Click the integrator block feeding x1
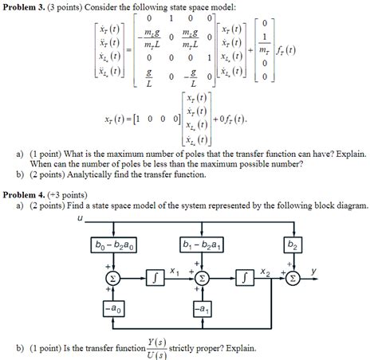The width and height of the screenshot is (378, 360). pyautogui.click(x=156, y=278)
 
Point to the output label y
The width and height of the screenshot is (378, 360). pyautogui.click(x=313, y=271)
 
